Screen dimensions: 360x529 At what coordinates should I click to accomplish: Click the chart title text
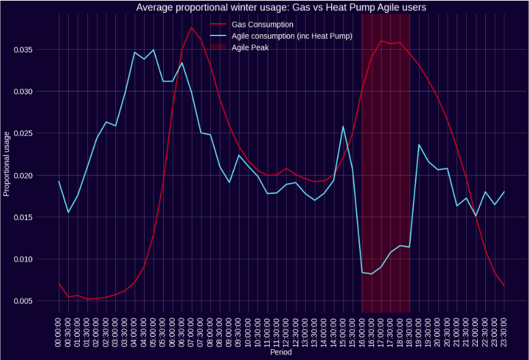click(281, 8)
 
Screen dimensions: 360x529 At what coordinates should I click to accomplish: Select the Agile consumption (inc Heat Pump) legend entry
click(291, 36)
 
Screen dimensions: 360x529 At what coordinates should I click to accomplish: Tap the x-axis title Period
click(281, 354)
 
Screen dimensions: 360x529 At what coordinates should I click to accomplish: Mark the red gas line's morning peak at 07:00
click(192, 27)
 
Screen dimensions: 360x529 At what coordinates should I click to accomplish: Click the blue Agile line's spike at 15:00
click(343, 126)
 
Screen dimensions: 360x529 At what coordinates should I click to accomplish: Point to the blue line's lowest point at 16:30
click(371, 274)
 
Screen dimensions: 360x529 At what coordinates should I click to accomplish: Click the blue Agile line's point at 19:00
click(419, 145)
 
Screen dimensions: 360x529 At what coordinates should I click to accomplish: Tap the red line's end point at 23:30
click(504, 286)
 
